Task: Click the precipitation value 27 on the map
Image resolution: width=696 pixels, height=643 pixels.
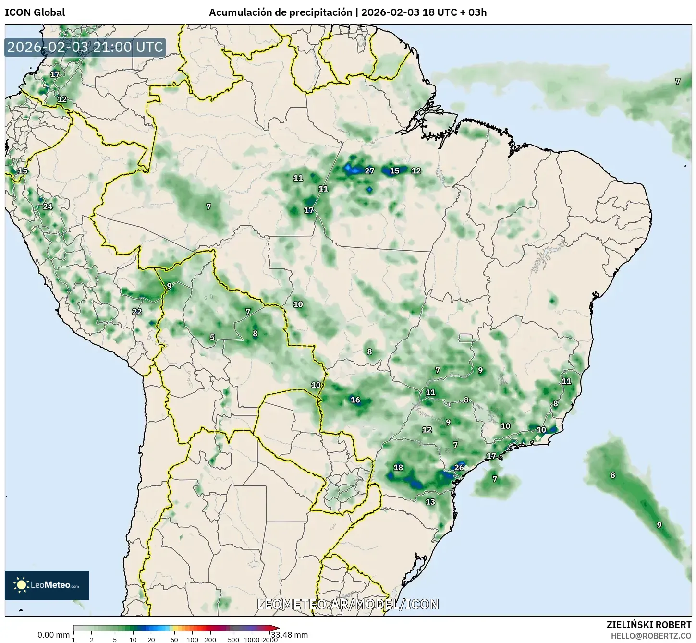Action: click(x=369, y=170)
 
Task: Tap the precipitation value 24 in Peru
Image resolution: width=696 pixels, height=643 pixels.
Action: click(x=48, y=207)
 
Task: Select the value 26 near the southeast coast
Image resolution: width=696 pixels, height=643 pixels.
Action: click(x=459, y=468)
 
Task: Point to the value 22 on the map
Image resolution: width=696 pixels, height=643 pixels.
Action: click(x=137, y=312)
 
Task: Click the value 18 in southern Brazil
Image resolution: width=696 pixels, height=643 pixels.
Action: click(x=398, y=468)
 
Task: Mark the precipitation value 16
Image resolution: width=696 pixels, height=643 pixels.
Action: click(x=355, y=400)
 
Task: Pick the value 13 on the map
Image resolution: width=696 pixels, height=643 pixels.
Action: click(x=430, y=502)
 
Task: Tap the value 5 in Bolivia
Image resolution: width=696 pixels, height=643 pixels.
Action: click(x=212, y=338)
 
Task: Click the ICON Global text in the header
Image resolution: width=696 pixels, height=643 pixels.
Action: click(x=35, y=12)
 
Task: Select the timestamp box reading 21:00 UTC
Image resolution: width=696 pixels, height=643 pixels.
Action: click(x=85, y=47)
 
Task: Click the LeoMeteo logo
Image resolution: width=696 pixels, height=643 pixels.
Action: click(x=47, y=585)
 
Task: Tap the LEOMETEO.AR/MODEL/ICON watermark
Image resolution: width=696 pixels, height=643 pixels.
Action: click(x=348, y=604)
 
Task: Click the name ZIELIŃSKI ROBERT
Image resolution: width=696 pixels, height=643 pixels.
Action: click(x=649, y=625)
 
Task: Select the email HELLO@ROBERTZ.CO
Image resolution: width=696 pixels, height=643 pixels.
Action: click(x=651, y=635)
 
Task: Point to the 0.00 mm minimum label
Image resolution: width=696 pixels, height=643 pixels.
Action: click(x=53, y=635)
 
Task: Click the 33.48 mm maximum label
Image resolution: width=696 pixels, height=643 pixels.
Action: click(x=293, y=635)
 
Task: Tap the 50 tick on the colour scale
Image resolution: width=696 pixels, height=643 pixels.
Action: click(x=174, y=639)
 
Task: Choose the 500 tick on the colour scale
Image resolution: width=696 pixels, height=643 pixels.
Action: click(x=233, y=639)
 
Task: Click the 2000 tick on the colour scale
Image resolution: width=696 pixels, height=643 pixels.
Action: click(x=270, y=639)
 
